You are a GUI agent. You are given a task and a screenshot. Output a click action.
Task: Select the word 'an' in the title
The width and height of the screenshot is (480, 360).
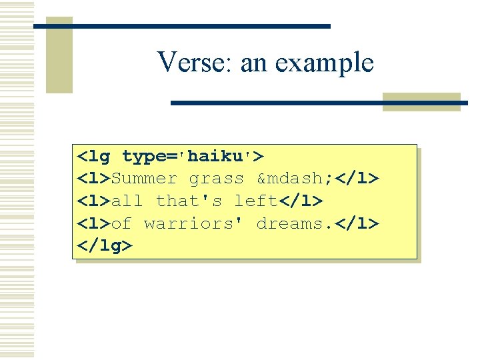coord(253,63)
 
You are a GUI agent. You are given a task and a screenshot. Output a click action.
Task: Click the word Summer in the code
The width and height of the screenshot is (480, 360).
coord(144,179)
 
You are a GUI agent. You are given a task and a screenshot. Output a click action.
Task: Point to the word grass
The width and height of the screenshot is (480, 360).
coord(216,179)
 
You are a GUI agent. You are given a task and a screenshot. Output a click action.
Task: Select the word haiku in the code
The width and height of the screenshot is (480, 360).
coord(217,157)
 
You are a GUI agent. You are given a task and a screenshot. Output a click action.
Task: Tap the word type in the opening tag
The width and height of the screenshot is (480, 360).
coord(144,157)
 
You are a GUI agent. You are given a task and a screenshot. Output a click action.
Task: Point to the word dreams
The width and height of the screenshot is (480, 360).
coord(289,223)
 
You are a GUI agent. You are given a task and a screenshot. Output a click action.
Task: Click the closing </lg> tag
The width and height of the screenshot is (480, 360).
coord(105,245)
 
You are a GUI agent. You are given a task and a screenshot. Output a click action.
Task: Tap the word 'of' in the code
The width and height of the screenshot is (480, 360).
coord(122,223)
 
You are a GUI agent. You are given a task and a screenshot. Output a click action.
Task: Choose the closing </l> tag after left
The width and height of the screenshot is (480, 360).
coord(301,201)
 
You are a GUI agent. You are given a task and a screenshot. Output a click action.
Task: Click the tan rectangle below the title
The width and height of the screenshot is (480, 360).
coord(421,101)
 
